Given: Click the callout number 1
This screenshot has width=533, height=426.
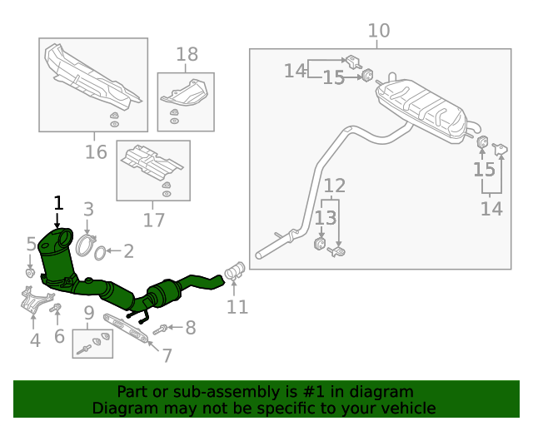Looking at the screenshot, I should pyautogui.click(x=58, y=202).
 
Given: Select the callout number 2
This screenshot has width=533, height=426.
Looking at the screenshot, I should pyautogui.click(x=128, y=250).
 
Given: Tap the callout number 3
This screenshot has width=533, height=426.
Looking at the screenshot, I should pyautogui.click(x=88, y=210).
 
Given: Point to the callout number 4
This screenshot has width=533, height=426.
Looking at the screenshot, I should pyautogui.click(x=34, y=339).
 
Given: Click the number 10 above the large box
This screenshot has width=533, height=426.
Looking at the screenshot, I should pyautogui.click(x=379, y=32).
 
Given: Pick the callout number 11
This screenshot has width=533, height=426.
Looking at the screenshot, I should pyautogui.click(x=237, y=307).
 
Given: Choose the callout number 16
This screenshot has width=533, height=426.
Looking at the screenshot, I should pyautogui.click(x=96, y=152).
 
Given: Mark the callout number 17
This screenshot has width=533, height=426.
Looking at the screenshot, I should pyautogui.click(x=153, y=220).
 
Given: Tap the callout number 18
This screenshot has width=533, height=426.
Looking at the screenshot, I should pyautogui.click(x=187, y=55).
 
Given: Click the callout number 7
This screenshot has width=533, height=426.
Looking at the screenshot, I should pyautogui.click(x=167, y=355).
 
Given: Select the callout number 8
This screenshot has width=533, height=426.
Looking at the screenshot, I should pyautogui.click(x=190, y=328).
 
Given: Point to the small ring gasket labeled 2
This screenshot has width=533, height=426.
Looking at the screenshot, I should pyautogui.click(x=98, y=251).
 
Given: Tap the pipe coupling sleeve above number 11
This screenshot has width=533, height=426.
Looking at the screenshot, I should pyautogui.click(x=234, y=270).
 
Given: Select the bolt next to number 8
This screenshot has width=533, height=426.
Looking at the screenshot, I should pyautogui.click(x=163, y=329).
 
